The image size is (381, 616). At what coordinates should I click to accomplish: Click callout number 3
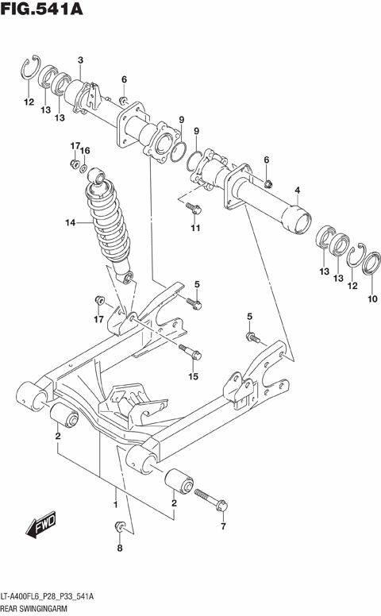point(80,60)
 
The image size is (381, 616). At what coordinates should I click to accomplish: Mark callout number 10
point(371,299)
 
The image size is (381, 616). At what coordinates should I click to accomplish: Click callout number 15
point(192,376)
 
